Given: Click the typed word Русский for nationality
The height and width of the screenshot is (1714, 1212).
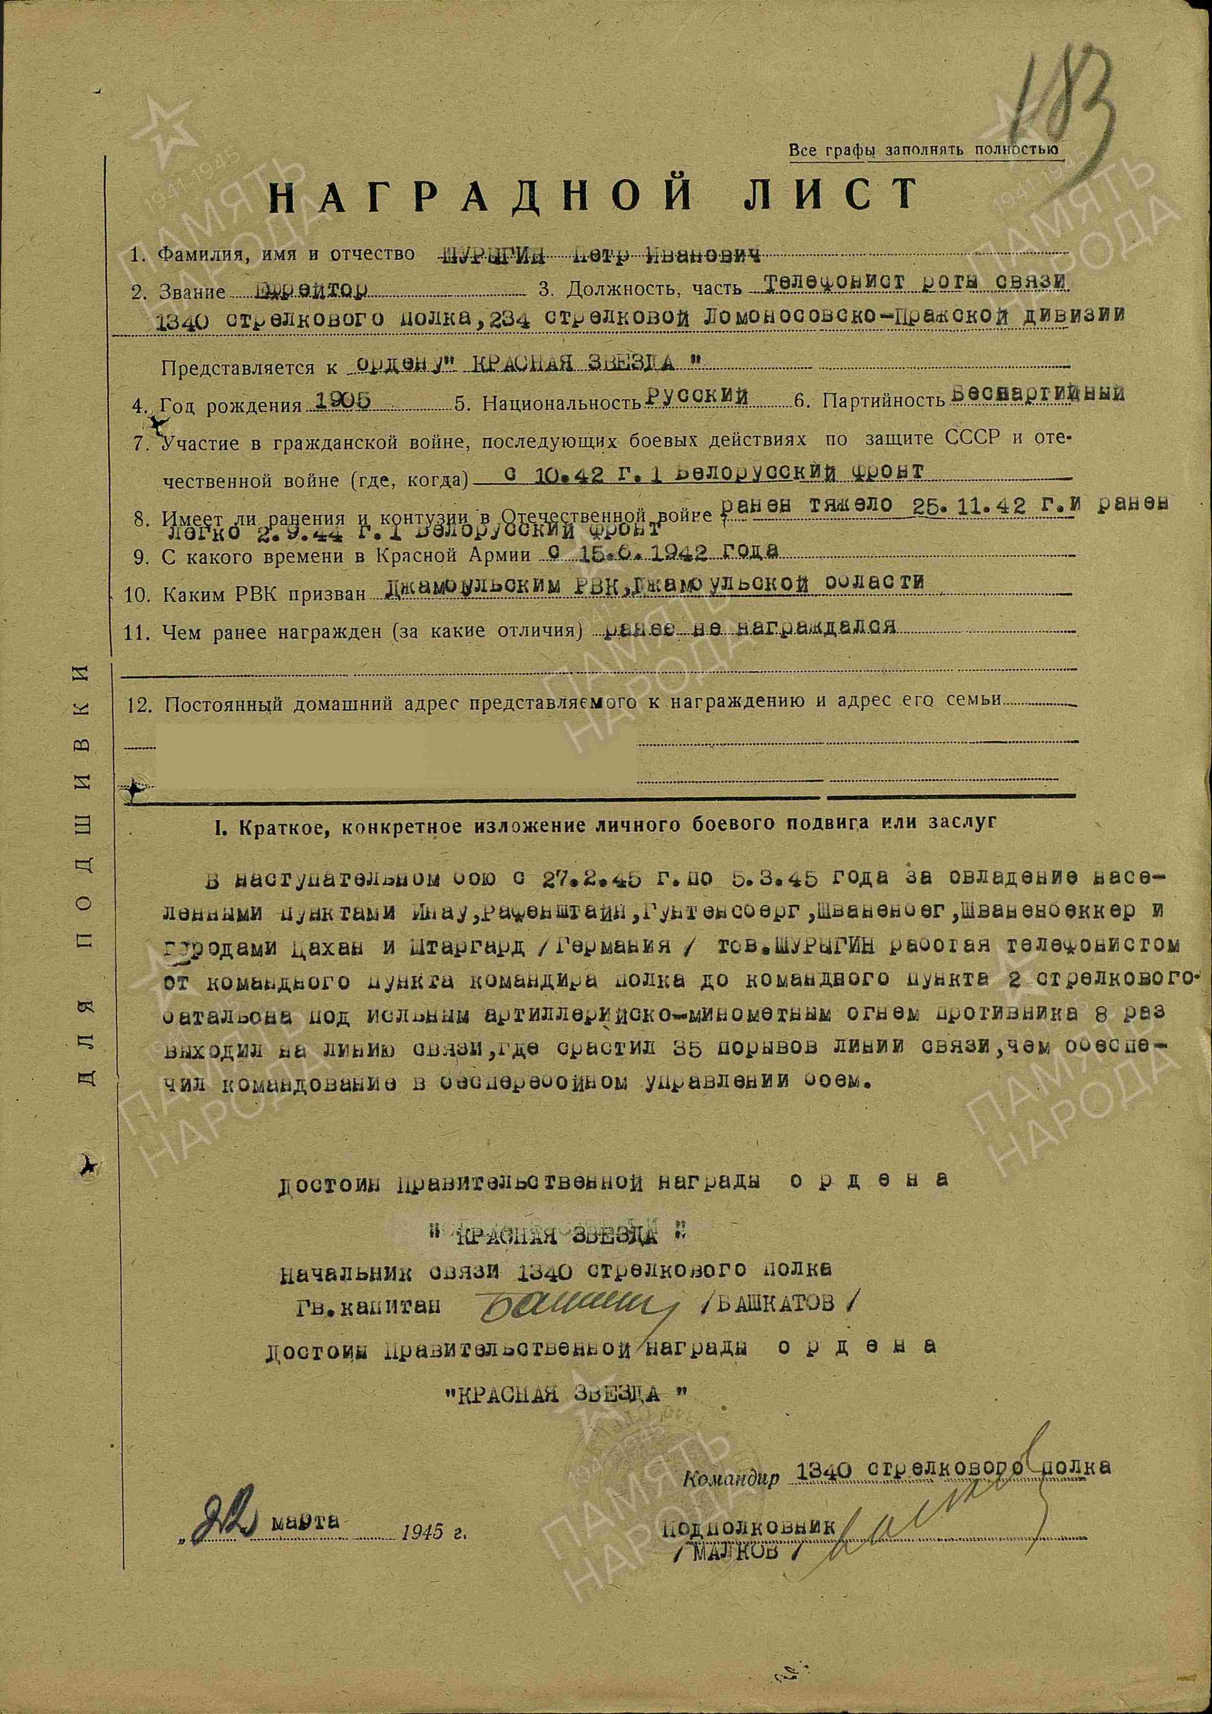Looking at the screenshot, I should coord(698,397).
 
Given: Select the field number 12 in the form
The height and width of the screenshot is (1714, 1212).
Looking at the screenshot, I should coord(141,705).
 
